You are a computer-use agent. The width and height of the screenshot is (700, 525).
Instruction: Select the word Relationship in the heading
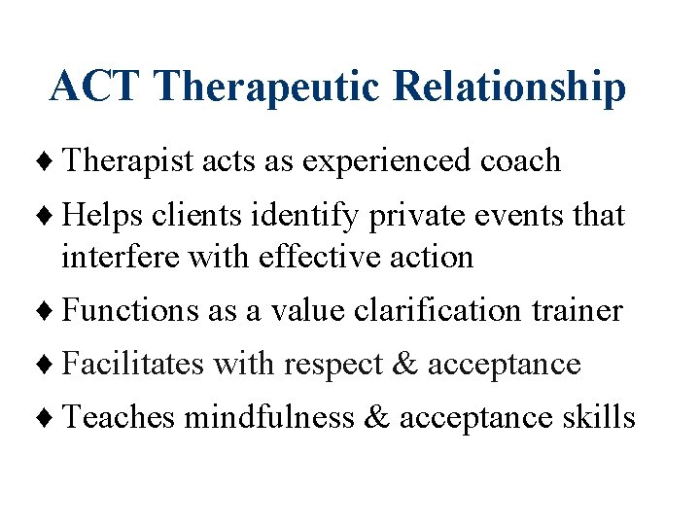[508, 87]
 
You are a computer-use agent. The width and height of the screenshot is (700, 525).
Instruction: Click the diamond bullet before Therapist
[52, 161]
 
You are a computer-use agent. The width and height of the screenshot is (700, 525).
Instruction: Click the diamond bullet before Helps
[52, 216]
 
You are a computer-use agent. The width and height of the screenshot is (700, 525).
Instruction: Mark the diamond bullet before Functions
[52, 311]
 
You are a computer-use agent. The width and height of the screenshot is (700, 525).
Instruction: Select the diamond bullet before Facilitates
[52, 365]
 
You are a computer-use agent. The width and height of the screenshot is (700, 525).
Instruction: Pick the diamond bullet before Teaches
[52, 418]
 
